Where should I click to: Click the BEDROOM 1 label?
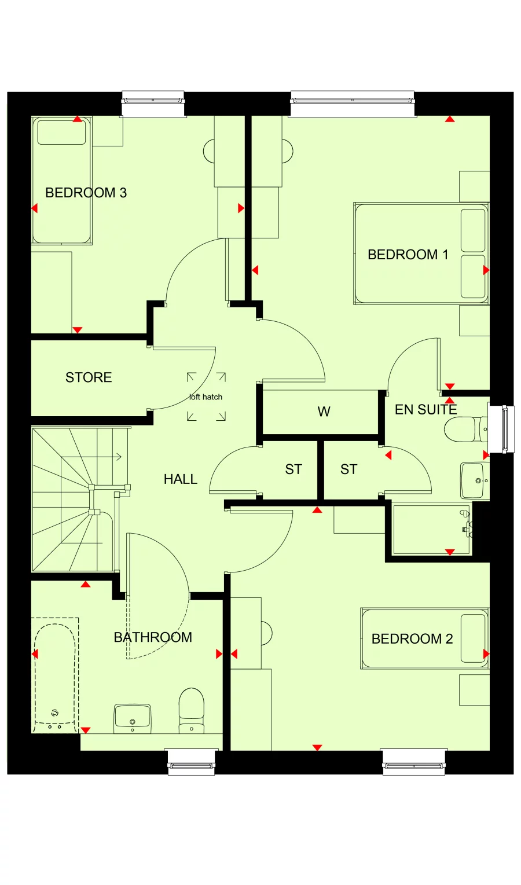click(408, 255)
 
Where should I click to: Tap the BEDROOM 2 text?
click(412, 639)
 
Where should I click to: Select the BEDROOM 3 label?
click(86, 193)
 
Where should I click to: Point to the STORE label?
click(89, 377)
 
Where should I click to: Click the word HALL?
click(180, 479)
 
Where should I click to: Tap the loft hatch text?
click(206, 397)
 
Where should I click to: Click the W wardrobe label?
click(324, 412)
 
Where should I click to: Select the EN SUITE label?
click(425, 410)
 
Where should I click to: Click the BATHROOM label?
click(153, 637)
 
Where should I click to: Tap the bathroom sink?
click(133, 718)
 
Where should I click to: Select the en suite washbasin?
click(474, 480)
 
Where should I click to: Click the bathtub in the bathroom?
click(55, 674)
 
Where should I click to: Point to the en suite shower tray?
click(431, 529)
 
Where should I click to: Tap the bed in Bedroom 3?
click(61, 181)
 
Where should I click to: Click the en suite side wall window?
click(501, 429)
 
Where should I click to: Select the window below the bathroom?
click(191, 762)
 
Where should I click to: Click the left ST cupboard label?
click(293, 469)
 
